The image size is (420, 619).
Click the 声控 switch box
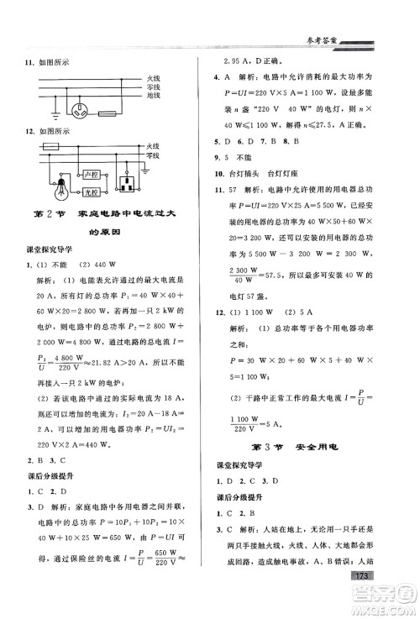tap(92, 172)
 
